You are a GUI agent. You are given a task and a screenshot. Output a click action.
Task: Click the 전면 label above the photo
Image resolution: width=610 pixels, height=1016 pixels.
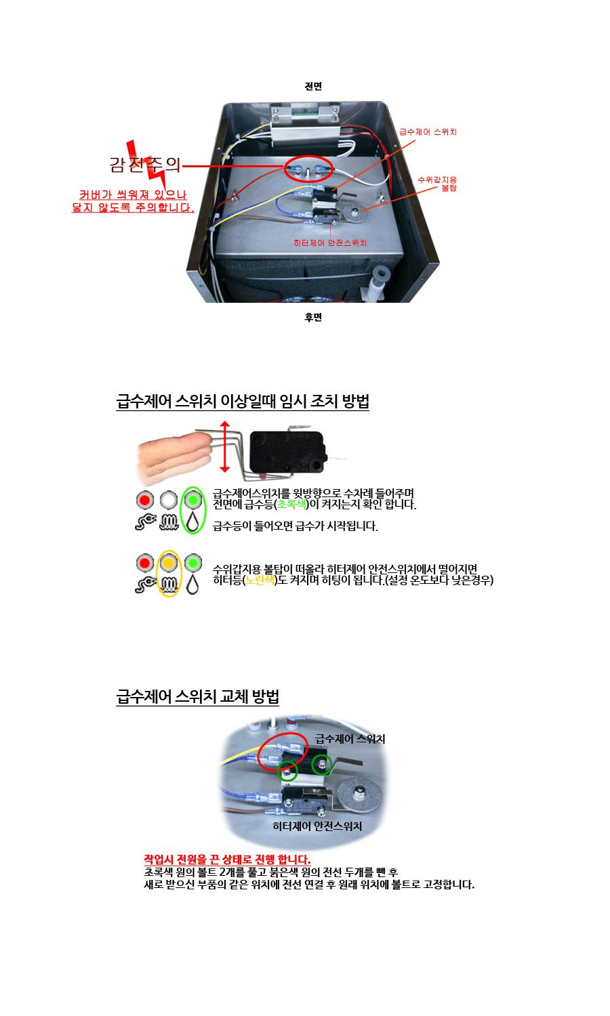coord(313,86)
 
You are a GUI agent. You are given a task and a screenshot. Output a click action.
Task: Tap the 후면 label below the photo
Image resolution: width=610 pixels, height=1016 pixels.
coord(313,317)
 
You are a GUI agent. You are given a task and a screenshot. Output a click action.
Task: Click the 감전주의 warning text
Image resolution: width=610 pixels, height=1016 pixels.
coord(145,164)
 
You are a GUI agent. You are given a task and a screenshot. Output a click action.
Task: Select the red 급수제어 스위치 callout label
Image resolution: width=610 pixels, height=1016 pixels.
coord(428,132)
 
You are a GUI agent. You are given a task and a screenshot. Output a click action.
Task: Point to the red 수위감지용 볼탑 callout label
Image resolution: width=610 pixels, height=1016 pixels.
coord(438,184)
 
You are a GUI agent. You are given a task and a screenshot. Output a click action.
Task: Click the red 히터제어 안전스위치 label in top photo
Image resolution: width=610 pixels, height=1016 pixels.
coord(330,243)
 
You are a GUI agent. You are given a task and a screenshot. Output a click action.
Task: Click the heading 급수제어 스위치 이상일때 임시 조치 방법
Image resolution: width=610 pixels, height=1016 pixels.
coord(243,401)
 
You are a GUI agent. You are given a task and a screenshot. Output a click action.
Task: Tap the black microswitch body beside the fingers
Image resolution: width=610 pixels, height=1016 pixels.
coord(287,451)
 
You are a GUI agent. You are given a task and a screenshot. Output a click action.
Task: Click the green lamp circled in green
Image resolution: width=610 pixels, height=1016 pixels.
coord(194,500)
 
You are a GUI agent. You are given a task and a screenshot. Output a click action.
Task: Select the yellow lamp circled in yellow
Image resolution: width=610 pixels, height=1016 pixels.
coord(169,563)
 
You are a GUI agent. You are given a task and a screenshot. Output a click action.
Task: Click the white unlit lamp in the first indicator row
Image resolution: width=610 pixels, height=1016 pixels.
coord(169,500)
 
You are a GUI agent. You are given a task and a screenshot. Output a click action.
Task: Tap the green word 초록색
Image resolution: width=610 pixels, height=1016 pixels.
coord(292,505)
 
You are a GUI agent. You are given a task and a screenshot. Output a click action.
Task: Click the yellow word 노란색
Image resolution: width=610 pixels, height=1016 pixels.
coord(260,580)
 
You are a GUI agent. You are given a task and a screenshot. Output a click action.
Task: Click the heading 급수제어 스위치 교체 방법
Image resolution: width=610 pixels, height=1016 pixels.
coord(197,697)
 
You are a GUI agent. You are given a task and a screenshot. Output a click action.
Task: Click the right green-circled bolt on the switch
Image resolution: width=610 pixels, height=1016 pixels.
coord(322,764)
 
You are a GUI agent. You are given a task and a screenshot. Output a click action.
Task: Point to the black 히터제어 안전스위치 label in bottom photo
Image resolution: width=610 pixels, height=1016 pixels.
coord(317,826)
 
